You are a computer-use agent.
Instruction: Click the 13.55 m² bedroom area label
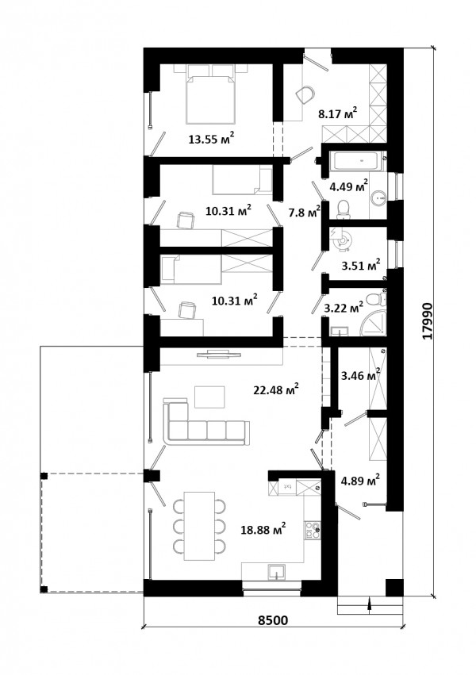pos(211,139)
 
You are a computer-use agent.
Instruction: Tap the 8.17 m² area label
pos(338,114)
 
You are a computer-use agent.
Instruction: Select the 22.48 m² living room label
pos(276,390)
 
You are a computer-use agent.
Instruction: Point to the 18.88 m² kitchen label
pos(263,530)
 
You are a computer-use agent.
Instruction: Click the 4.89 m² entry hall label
pos(360,480)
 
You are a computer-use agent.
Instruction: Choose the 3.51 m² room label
pos(361,266)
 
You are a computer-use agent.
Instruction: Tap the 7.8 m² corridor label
pos(305,213)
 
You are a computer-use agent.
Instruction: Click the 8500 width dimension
pos(273,620)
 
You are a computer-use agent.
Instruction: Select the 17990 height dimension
pos(427,320)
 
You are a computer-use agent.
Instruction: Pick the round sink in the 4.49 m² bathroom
pos(379,198)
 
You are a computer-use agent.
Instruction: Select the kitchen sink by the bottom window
pos(276,572)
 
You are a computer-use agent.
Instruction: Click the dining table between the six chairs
pos(199,526)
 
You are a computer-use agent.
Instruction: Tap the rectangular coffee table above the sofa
pos(209,397)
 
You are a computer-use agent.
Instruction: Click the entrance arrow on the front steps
pos(369,604)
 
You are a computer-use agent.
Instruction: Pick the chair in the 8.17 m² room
pos(306,94)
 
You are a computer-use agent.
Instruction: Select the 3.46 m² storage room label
pos(360,375)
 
